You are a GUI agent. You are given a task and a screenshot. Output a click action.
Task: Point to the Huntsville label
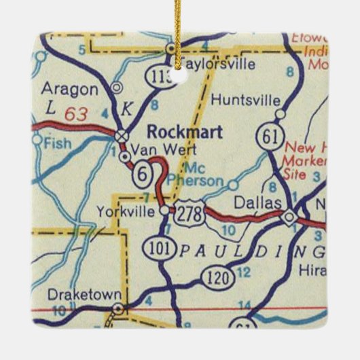pos(245,99)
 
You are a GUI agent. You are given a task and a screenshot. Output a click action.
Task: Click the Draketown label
pos(85,295)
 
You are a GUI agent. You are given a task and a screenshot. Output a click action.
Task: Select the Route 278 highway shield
pos(187,214)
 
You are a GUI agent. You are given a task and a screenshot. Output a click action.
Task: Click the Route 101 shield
pos(154,247)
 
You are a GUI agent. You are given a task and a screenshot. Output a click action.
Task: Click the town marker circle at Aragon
pos(117,87)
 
